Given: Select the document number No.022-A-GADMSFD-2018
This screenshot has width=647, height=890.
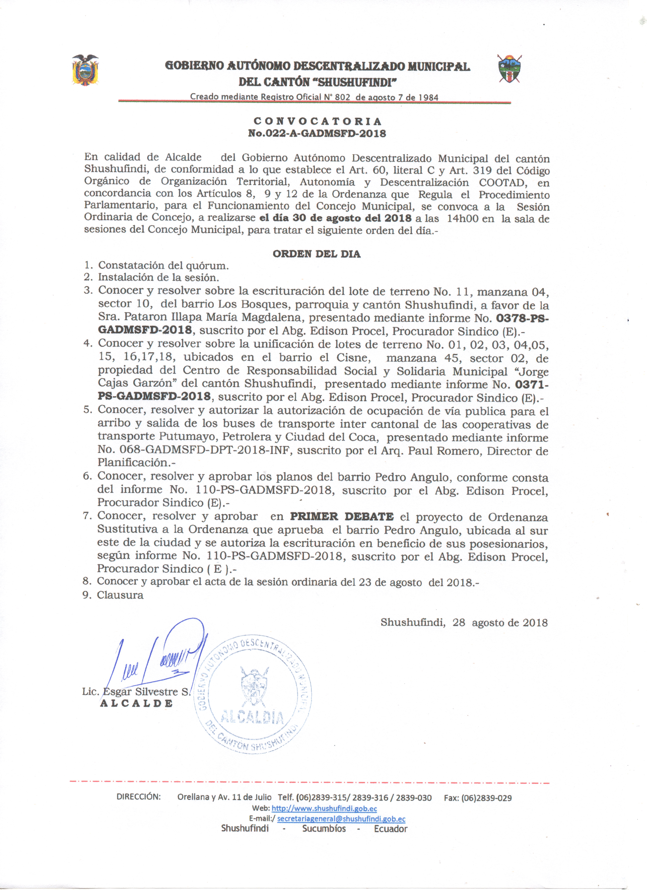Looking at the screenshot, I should point(317,133).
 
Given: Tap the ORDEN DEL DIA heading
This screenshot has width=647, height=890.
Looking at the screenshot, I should point(316,254).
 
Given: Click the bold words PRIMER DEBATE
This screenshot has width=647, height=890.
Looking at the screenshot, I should point(342,517).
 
